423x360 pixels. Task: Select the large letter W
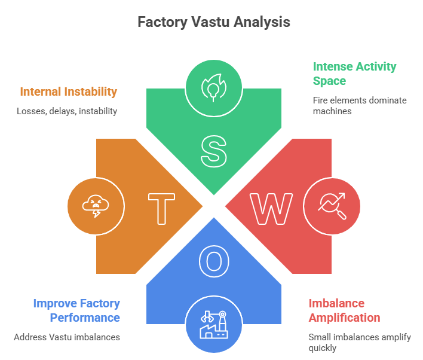(271, 208)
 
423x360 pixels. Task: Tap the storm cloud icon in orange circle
(96, 205)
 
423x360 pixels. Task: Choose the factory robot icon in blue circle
(213, 324)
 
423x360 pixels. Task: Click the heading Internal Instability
(68, 91)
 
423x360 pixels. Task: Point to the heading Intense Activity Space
(354, 74)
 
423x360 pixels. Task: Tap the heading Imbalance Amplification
(344, 310)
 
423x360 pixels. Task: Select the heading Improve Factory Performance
(76, 310)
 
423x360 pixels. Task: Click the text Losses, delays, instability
(67, 111)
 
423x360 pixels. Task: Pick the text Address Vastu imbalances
(67, 337)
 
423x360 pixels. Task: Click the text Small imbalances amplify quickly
(359, 343)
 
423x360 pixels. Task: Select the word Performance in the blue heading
(85, 318)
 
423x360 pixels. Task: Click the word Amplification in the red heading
(344, 318)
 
